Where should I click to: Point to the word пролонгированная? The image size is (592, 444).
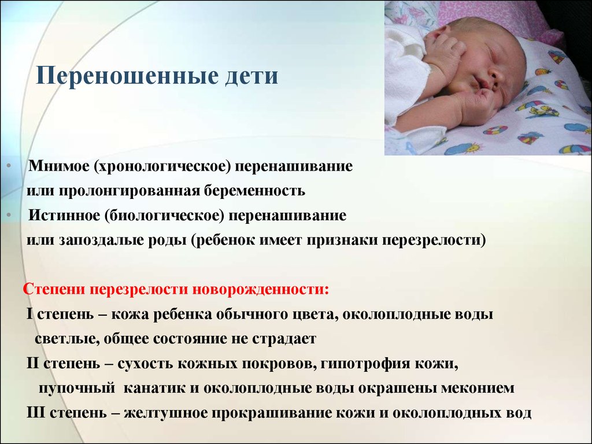tap(129, 191)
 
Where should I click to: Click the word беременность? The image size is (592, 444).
tap(255, 191)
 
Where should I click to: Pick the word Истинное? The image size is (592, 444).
tap(65, 215)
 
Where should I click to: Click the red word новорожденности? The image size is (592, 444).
tap(261, 290)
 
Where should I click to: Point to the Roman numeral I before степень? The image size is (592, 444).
tap(29, 314)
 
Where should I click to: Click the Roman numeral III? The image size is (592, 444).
tap(35, 412)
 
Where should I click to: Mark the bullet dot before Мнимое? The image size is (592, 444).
tap(9, 166)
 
